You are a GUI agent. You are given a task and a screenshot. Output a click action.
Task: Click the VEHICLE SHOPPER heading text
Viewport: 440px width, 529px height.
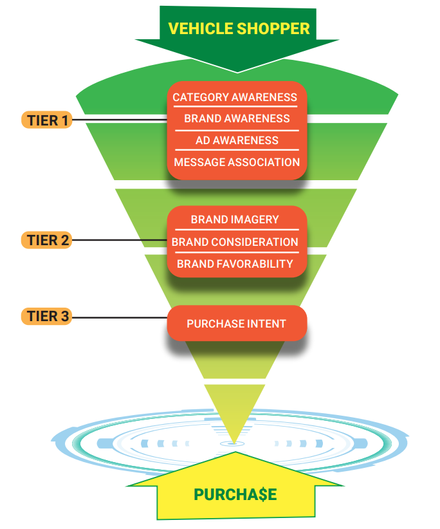click(x=239, y=28)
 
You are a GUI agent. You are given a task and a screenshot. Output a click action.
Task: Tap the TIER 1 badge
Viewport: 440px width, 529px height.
click(x=47, y=120)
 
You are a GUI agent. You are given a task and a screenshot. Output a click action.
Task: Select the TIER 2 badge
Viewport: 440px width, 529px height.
click(x=47, y=241)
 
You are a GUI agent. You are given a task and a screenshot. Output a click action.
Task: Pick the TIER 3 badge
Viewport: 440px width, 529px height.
click(x=47, y=317)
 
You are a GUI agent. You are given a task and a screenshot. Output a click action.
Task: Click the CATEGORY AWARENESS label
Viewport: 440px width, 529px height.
click(x=235, y=97)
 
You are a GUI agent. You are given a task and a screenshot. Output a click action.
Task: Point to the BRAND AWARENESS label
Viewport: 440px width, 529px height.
click(x=237, y=118)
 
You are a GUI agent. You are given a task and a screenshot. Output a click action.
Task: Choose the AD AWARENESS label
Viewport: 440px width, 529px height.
click(x=237, y=140)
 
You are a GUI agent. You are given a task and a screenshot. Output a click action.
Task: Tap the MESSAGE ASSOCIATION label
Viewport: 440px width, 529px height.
click(x=237, y=162)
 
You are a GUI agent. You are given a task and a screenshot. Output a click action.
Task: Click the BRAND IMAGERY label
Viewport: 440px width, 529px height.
click(x=235, y=219)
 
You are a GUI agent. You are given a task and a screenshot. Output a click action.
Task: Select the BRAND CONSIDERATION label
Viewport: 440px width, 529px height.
click(x=235, y=242)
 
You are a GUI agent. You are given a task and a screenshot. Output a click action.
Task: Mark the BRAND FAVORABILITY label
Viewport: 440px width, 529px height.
click(x=235, y=263)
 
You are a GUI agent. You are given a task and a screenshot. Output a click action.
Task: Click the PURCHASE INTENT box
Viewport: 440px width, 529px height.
click(x=236, y=324)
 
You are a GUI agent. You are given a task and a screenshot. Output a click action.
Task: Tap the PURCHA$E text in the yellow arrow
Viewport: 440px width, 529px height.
click(x=235, y=494)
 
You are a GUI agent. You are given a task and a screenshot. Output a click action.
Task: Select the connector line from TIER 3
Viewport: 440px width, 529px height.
click(x=119, y=317)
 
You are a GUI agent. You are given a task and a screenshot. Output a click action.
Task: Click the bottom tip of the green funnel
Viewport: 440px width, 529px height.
click(x=232, y=441)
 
